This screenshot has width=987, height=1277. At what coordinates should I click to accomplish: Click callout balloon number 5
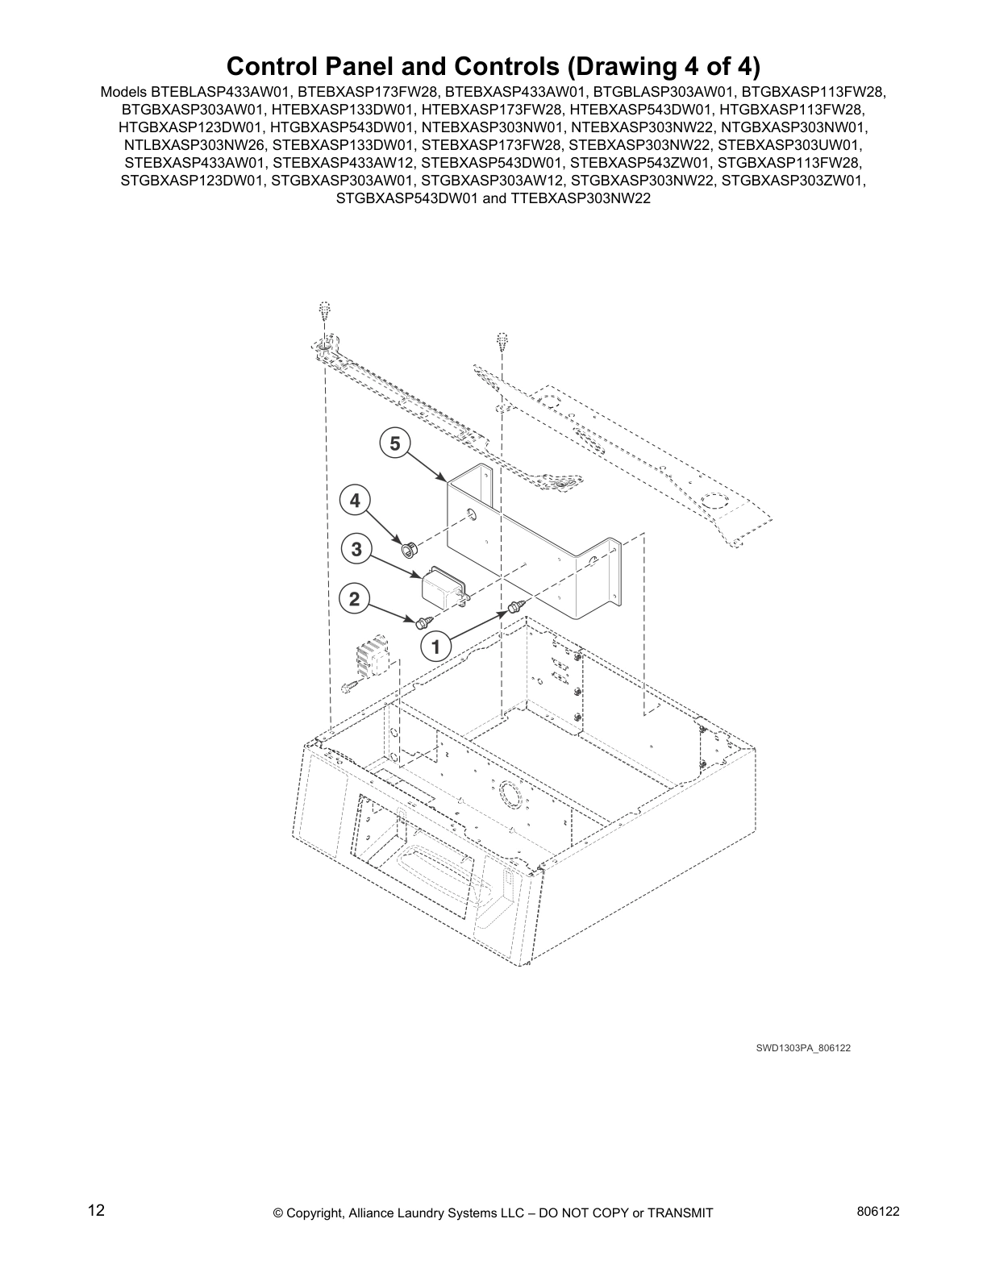point(394,443)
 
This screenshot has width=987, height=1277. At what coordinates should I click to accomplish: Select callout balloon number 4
point(355,501)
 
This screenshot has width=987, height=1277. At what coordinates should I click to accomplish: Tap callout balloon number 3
point(356,550)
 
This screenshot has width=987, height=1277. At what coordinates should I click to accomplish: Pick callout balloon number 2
point(354,599)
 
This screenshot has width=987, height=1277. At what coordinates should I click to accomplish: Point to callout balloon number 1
point(435,646)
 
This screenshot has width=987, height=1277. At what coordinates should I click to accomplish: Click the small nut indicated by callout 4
point(408,549)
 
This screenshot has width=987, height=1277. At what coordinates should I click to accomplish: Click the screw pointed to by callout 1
point(514,606)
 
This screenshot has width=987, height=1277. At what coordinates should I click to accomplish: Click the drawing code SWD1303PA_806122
point(803,1048)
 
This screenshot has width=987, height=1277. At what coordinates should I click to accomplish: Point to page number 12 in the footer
point(96,1210)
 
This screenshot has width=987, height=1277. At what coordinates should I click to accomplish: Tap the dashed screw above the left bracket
point(324,311)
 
